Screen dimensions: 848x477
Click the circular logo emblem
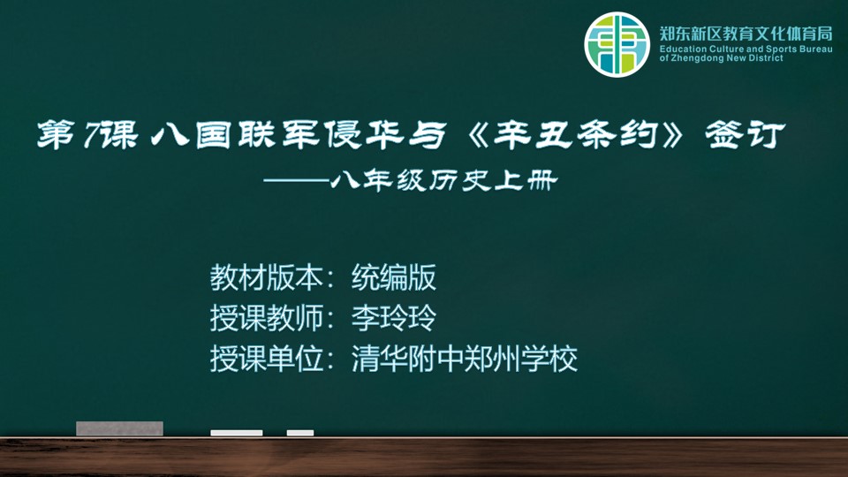click(617, 44)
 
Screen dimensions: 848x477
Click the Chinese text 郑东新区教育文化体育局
click(746, 34)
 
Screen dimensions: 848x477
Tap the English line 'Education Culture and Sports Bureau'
click(746, 49)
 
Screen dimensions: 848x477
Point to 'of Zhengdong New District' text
click(721, 58)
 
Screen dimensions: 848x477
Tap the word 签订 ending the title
click(745, 134)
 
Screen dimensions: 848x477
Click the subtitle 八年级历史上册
click(443, 180)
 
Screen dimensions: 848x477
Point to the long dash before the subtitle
click(297, 180)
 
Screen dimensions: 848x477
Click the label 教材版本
click(266, 277)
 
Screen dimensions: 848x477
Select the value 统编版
click(394, 277)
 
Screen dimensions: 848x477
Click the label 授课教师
click(266, 318)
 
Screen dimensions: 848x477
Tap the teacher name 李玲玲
click(394, 318)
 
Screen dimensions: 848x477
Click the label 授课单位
click(266, 359)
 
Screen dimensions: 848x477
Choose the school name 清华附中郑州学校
click(465, 359)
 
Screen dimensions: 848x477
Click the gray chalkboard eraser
click(119, 428)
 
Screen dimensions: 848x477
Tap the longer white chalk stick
click(237, 433)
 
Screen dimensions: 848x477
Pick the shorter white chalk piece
click(300, 433)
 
